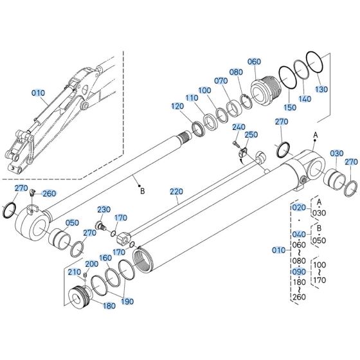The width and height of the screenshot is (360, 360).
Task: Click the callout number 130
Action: coord(321,89)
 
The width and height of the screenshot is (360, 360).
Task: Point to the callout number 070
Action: coord(221,81)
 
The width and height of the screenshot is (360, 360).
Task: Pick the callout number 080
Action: coord(236,72)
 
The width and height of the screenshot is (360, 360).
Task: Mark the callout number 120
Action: coord(178,105)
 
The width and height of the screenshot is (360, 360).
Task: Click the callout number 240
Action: coord(238,127)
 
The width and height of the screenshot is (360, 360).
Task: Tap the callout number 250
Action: coord(251,135)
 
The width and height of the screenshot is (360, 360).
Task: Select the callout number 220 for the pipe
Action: coord(177,192)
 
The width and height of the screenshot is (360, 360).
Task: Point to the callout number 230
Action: coord(104,210)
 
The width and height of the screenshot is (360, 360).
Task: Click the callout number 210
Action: coord(75,272)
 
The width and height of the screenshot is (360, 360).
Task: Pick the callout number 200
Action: coord(92,264)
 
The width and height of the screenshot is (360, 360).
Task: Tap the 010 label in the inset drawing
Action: coord(39,93)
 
